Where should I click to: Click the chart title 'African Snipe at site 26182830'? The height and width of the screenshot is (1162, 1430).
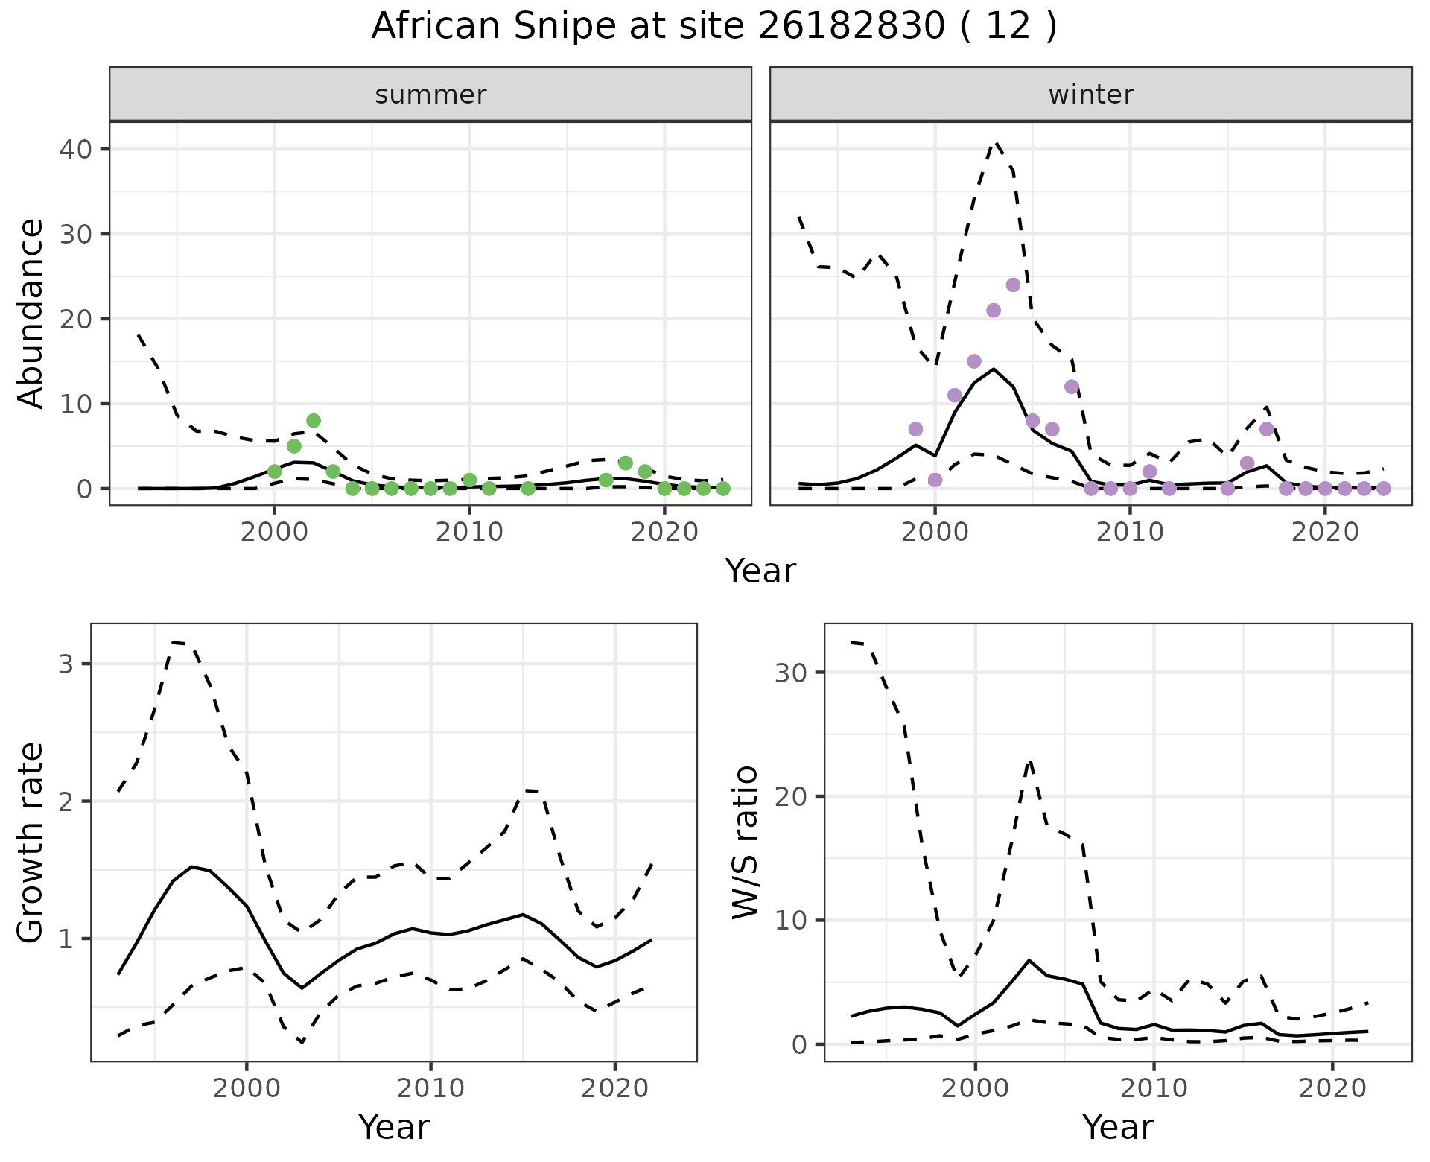tap(714, 27)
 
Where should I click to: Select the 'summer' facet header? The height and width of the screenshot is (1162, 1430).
tap(430, 95)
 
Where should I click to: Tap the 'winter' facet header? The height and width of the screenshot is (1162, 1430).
tap(1090, 95)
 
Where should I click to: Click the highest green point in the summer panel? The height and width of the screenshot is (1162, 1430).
tap(314, 421)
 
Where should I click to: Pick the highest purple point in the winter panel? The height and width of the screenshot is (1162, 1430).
tap(1013, 285)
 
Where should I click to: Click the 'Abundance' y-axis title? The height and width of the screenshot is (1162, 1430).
tap(31, 313)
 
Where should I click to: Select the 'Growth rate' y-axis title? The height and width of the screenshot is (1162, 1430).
tap(31, 842)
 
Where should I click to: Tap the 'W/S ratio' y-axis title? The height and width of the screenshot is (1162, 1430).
tap(746, 842)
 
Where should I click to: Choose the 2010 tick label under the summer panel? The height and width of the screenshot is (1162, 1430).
tap(469, 533)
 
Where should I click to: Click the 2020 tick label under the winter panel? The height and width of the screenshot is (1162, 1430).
tap(1325, 533)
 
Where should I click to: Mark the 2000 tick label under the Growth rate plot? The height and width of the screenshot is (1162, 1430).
tap(247, 1088)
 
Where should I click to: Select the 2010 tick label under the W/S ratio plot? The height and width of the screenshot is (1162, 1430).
tap(1154, 1088)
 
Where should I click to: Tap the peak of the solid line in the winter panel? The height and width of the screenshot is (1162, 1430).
tap(994, 369)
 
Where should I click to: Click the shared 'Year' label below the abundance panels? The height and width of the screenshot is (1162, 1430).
tap(760, 571)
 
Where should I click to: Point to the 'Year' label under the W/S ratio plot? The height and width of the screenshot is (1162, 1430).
tap(1117, 1127)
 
